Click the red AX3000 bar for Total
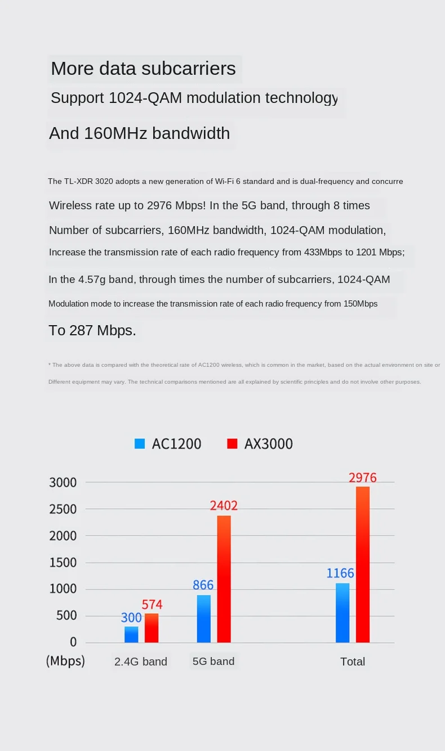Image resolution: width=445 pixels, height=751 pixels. click(363, 564)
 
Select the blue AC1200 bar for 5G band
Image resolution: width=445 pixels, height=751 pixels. click(204, 618)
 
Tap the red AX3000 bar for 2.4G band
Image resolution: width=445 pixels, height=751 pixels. click(152, 628)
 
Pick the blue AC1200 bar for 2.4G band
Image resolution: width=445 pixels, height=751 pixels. click(131, 634)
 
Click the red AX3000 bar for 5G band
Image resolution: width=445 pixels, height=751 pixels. click(224, 579)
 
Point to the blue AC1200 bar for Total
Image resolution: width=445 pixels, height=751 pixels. click(342, 613)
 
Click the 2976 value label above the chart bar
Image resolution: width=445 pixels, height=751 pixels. click(362, 478)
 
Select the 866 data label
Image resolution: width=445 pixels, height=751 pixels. click(203, 585)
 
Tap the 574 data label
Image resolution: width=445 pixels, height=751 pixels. click(152, 605)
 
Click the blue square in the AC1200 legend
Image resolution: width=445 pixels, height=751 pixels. click(140, 444)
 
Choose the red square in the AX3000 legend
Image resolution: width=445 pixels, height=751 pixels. click(232, 444)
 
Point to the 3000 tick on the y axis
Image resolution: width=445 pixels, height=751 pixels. click(63, 483)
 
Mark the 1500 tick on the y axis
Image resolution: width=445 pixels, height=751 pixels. click(63, 563)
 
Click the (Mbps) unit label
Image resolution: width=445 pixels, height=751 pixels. click(65, 661)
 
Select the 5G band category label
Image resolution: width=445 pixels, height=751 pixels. click(213, 661)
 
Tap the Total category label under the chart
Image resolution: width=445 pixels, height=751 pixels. click(353, 662)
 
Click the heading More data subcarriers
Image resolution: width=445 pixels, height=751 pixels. click(143, 69)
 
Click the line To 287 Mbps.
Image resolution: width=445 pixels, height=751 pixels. click(92, 330)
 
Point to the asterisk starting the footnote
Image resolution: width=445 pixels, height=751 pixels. click(50, 365)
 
